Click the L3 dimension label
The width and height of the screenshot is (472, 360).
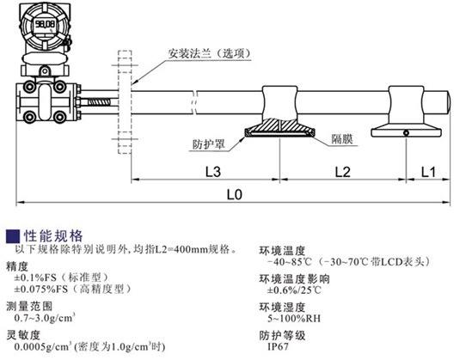click(x=213, y=172)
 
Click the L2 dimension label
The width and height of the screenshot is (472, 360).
click(x=343, y=172)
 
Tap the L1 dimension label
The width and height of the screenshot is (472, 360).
click(x=428, y=172)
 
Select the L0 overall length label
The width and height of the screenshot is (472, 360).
click(x=235, y=195)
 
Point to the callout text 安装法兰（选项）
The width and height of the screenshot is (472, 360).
click(x=209, y=54)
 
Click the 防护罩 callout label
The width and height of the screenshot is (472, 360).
click(x=209, y=144)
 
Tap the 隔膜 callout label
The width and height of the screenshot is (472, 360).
click(x=342, y=139)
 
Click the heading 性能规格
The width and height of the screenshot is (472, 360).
click(x=53, y=236)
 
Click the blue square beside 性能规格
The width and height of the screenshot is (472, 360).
click(x=13, y=236)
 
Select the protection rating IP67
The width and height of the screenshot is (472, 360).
click(x=279, y=346)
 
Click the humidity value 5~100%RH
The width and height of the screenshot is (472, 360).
click(x=294, y=318)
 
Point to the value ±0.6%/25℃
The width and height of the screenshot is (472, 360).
click(x=294, y=290)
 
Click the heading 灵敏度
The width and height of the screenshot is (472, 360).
click(x=23, y=335)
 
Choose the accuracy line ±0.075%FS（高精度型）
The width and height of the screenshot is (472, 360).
click(x=73, y=289)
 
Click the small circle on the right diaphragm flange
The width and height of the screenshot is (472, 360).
click(x=407, y=133)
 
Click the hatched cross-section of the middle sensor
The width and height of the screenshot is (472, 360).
click(x=279, y=126)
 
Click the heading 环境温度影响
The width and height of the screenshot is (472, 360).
click(x=294, y=278)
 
